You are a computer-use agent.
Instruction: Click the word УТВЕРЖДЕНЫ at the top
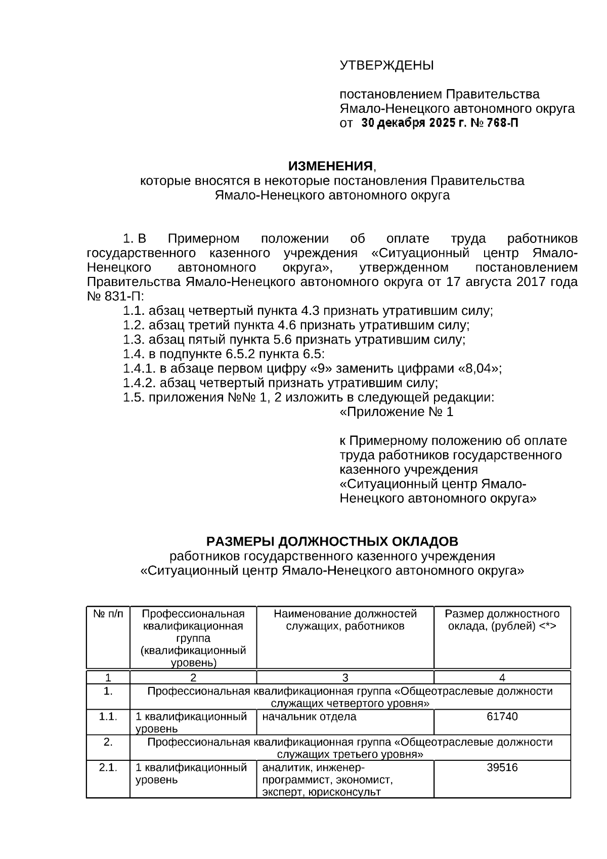pos(386,65)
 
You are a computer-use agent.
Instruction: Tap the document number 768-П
pos(499,123)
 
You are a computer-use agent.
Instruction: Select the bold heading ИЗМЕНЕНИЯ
pos(330,166)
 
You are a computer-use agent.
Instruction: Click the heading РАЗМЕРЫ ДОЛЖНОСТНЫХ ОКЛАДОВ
pos(332,542)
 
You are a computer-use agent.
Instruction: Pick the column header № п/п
pos(108,614)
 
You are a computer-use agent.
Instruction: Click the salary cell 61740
pos(502,717)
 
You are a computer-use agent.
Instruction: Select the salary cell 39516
pos(502,767)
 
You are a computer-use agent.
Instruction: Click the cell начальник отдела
pos(309,717)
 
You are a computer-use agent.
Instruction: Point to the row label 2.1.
pos(108,767)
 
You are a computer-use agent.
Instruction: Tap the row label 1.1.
pos(108,717)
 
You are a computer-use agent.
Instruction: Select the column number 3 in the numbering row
pos(345,678)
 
